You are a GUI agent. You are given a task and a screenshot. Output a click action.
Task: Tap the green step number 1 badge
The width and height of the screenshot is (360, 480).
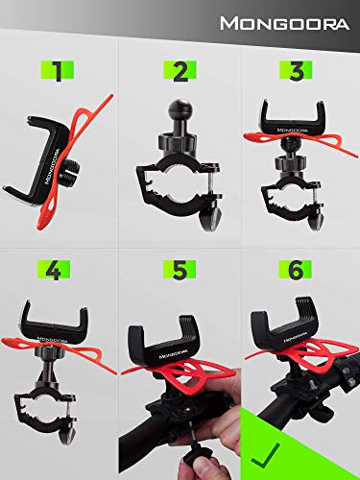60,72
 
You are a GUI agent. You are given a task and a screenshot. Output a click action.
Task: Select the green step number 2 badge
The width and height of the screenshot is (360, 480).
180,72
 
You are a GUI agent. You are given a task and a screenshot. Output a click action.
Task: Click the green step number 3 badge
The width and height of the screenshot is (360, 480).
300,72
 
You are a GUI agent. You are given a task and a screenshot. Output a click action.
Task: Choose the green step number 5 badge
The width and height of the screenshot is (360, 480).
180,271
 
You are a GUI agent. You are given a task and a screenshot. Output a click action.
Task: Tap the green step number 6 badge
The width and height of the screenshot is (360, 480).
300,271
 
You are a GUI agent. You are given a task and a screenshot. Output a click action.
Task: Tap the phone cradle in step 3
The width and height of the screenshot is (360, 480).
300,120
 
